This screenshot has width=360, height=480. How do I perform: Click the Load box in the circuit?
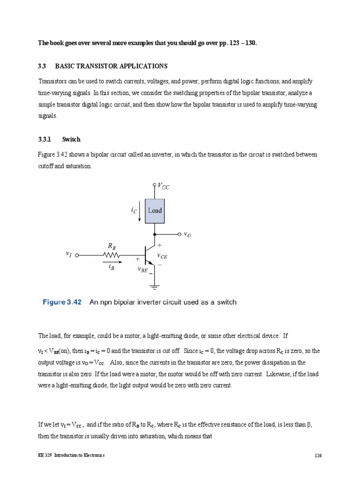click(155, 210)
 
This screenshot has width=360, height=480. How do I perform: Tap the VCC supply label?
click(164, 187)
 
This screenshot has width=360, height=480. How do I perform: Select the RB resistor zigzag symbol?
click(112, 255)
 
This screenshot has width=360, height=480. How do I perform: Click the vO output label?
click(187, 234)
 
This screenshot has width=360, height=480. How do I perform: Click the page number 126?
click(317, 456)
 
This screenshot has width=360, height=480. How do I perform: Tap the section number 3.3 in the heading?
click(42, 66)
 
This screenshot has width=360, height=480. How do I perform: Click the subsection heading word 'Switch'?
click(71, 139)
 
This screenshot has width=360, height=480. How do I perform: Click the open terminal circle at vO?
click(179, 234)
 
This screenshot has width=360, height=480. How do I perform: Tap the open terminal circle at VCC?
click(155, 185)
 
